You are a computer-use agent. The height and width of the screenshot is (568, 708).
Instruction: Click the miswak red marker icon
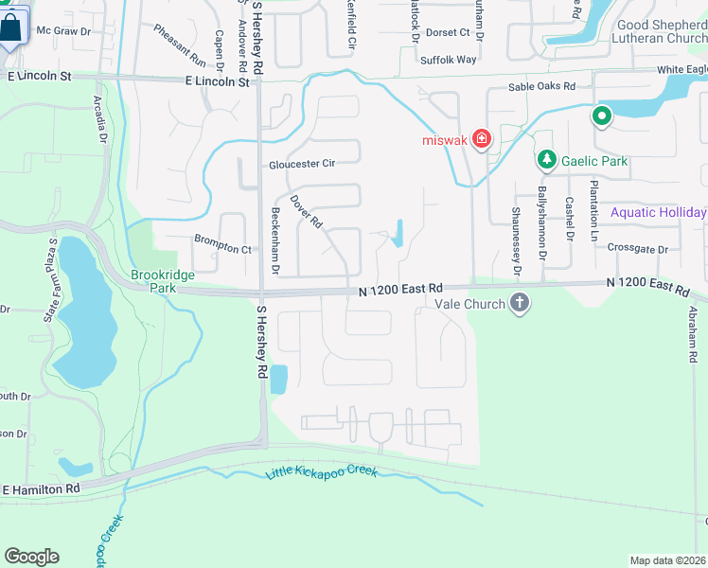481,140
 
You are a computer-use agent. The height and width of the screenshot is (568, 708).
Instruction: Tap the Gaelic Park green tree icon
545,160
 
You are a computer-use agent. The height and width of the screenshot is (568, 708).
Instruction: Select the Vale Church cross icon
519,304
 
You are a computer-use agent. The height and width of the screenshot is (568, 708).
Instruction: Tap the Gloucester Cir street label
302,164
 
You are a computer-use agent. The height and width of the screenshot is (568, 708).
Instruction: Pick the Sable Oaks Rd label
541,86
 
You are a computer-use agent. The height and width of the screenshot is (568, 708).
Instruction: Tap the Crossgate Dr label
638,249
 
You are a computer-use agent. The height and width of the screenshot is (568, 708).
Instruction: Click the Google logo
31,557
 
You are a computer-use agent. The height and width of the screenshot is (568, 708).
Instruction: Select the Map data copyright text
667,560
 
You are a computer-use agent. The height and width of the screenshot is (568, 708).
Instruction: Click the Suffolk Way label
449,60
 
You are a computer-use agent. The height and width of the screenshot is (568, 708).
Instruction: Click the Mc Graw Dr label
63,31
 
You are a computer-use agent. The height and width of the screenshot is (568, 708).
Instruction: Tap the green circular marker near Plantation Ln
601,117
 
